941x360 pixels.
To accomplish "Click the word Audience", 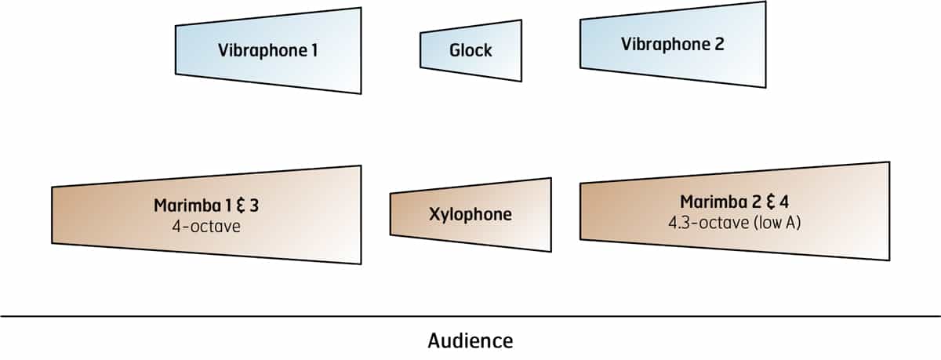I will pos(470,341).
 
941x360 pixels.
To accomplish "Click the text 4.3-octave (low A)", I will pos(735,222).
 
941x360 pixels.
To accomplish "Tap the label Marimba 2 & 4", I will pos(734,202).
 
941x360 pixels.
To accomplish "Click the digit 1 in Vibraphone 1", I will pos(314,52).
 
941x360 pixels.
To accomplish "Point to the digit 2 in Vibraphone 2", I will pos(719,44).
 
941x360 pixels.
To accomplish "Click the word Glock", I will pos(470,51).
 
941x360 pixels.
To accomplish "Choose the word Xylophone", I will pos(470,214).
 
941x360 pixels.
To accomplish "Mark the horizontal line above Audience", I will pos(470,317).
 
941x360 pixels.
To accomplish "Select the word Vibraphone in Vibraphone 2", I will pos(666,44).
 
